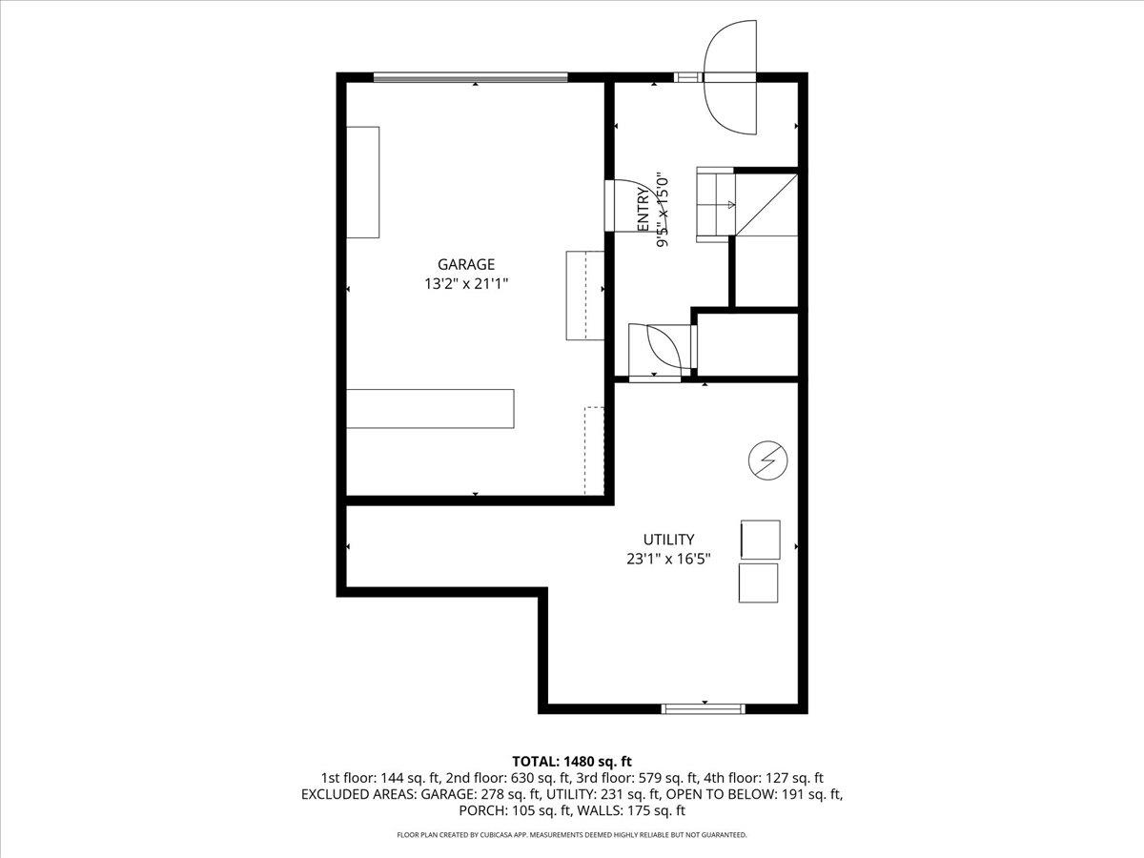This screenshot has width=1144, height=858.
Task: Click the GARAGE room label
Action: pyautogui.click(x=466, y=264)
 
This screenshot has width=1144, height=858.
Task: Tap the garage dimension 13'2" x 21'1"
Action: pyautogui.click(x=466, y=283)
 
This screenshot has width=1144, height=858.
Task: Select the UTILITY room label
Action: pyautogui.click(x=667, y=540)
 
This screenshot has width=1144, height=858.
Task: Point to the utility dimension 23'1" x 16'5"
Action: pyautogui.click(x=667, y=560)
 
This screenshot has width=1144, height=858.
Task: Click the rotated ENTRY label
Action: pyautogui.click(x=643, y=210)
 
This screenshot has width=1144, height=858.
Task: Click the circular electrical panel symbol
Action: pyautogui.click(x=767, y=461)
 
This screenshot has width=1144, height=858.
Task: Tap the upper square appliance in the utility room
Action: pyautogui.click(x=760, y=539)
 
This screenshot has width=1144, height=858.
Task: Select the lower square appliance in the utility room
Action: pyautogui.click(x=758, y=582)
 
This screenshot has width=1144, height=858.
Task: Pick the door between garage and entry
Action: pyautogui.click(x=610, y=205)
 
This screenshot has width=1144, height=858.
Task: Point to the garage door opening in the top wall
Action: pyautogui.click(x=470, y=77)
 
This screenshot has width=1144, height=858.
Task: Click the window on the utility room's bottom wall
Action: pyautogui.click(x=704, y=708)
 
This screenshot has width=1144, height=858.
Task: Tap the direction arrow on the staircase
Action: pyautogui.click(x=731, y=204)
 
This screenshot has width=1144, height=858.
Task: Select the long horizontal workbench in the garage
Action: pyautogui.click(x=430, y=408)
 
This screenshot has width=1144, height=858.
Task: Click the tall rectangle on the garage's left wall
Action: pyautogui.click(x=362, y=181)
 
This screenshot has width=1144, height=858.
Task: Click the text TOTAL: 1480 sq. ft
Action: pyautogui.click(x=572, y=761)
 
